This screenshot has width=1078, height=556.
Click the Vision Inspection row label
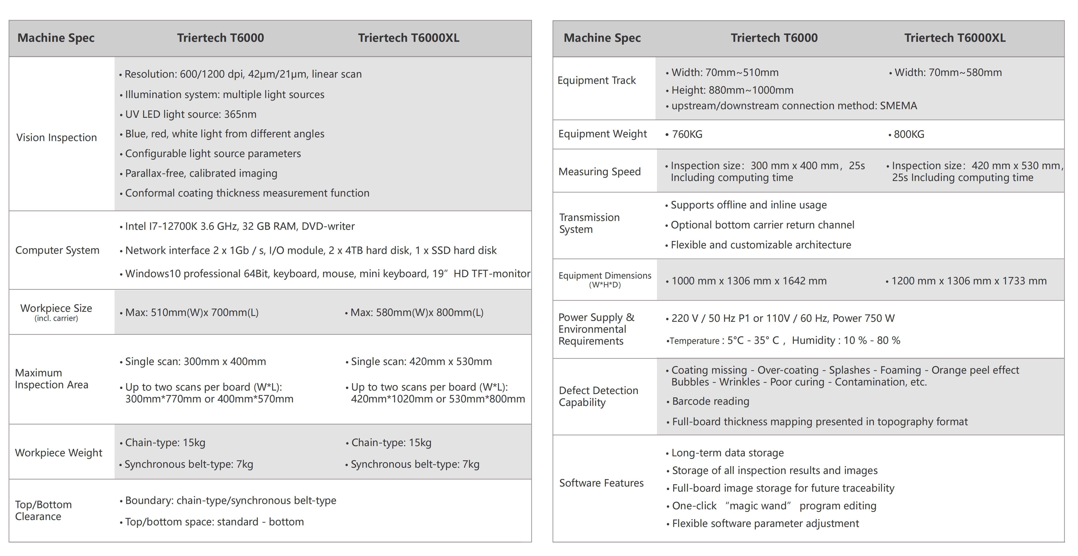coord(56,138)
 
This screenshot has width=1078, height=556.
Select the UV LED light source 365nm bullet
coord(190,114)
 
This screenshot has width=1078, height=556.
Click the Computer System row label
coord(57,250)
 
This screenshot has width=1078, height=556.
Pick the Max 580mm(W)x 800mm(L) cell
coord(416,313)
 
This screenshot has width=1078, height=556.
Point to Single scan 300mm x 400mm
coord(195,362)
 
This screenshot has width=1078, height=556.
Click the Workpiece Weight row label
coord(59,453)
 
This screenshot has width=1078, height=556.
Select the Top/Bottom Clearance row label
coord(43,510)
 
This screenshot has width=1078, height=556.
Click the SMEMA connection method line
coord(794,106)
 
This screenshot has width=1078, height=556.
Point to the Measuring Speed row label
coord(599,171)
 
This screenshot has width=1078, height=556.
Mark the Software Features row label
coord(601,483)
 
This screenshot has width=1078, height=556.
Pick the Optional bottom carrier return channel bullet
coord(762,225)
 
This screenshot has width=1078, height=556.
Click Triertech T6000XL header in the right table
coord(955,38)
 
